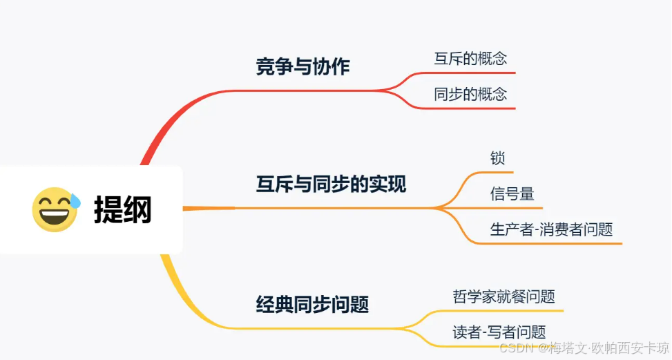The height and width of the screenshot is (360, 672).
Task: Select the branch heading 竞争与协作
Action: (x=303, y=66)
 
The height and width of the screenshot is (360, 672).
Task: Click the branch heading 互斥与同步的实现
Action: (x=331, y=184)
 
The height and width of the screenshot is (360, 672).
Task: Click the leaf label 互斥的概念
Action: (x=470, y=58)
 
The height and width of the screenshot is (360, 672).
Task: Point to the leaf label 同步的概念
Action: (x=470, y=94)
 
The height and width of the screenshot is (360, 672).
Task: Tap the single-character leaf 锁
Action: (x=497, y=158)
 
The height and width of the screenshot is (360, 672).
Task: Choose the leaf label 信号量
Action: (x=512, y=194)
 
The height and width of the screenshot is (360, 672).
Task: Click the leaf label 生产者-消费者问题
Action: (x=551, y=229)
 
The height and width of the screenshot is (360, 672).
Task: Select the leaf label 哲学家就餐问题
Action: (x=503, y=296)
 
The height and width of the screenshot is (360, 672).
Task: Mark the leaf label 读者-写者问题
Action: (x=499, y=332)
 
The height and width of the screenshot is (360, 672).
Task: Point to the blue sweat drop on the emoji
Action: (x=74, y=201)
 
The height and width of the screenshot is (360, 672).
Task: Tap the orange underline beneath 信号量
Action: (x=515, y=207)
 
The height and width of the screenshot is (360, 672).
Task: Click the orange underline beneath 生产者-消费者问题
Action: (x=553, y=243)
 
